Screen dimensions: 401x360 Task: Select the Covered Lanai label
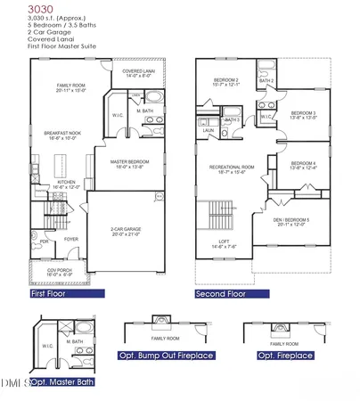(137, 73)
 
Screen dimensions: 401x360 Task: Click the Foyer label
(70, 239)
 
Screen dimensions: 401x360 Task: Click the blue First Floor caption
(48, 292)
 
